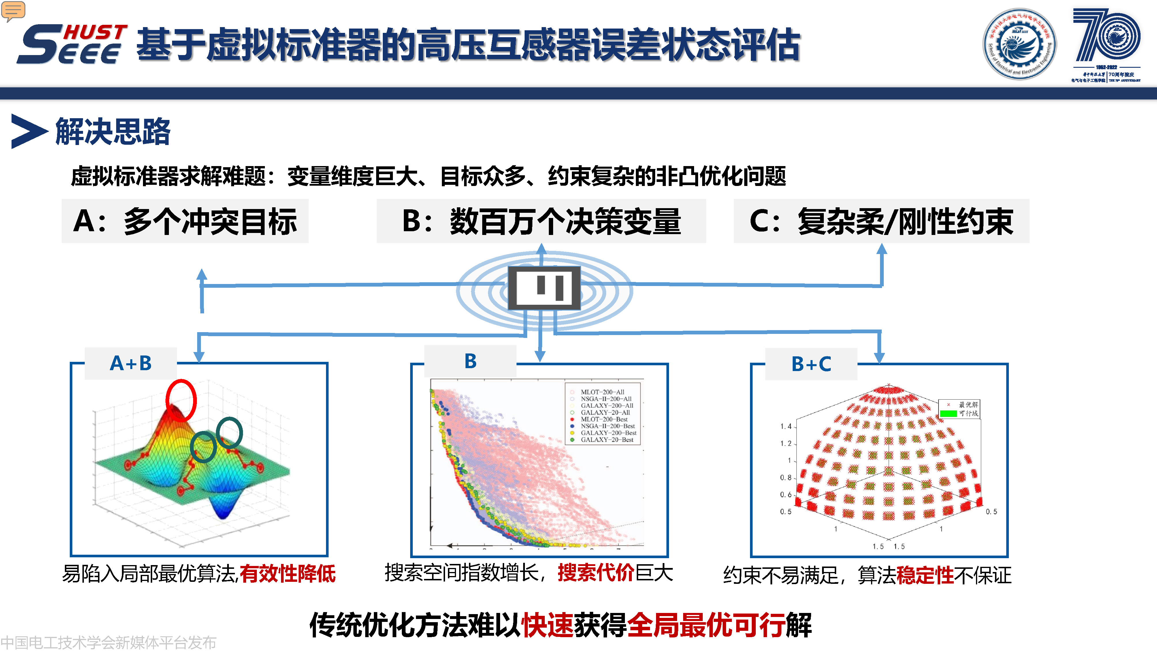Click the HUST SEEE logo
coord(72,44)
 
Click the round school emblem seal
coord(1020,44)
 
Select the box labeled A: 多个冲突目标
coord(185,221)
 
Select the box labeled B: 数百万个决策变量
coord(541,221)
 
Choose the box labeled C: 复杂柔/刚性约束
coord(881,221)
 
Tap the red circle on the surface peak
coord(181,400)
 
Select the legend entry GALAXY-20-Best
coord(606,440)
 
